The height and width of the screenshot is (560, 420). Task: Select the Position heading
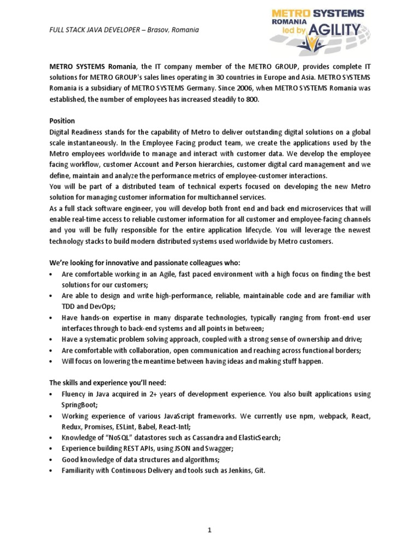pos(62,120)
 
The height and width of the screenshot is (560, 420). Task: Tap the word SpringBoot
pos(79,404)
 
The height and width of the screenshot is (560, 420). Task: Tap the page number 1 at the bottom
pos(209,530)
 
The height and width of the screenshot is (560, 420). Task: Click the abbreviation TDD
pos(69,307)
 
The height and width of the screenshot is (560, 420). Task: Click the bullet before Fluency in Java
pos(51,394)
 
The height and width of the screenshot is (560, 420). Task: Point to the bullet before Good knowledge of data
pos(51,459)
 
